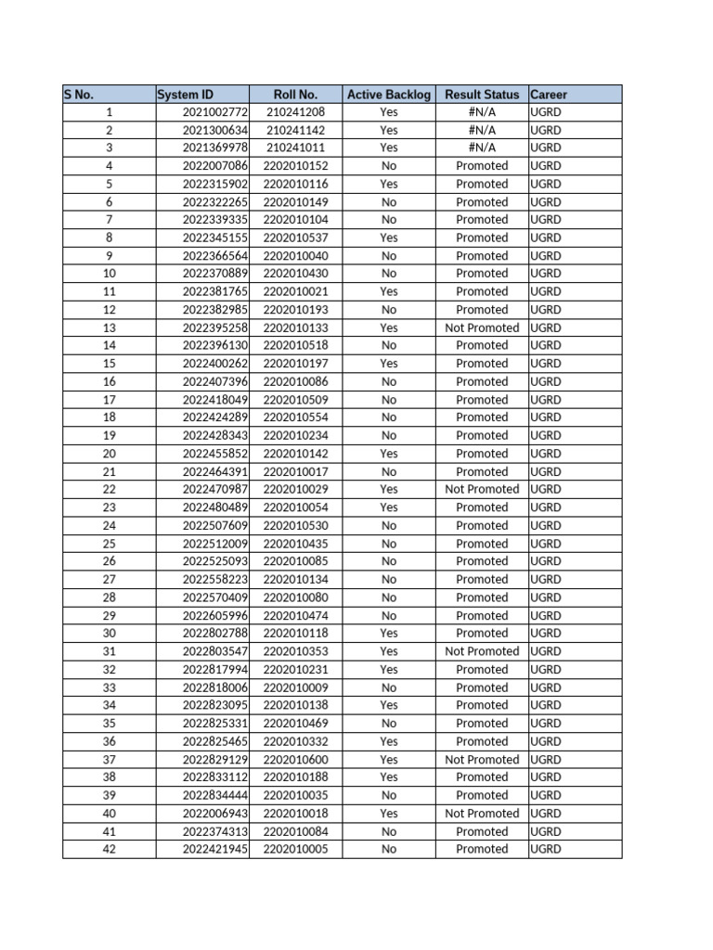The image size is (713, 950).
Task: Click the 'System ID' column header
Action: (x=186, y=94)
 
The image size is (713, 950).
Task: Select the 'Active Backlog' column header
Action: (x=389, y=94)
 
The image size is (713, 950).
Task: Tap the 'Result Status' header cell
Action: (x=482, y=94)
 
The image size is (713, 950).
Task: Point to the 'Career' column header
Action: (x=549, y=94)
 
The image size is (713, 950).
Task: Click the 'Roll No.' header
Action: (x=295, y=94)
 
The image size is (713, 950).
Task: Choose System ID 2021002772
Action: (x=215, y=112)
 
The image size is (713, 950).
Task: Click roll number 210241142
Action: (x=296, y=130)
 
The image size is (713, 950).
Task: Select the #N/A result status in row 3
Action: (x=482, y=148)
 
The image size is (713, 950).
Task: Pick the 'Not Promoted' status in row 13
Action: (x=482, y=327)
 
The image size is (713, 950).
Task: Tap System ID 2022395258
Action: (x=215, y=327)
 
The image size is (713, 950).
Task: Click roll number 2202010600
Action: (x=296, y=759)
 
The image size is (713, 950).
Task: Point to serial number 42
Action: (x=110, y=849)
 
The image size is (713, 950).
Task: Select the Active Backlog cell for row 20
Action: (x=389, y=454)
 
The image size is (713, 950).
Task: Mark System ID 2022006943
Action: (x=215, y=814)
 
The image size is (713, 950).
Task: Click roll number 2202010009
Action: (x=296, y=687)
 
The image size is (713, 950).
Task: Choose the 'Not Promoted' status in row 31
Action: (x=482, y=651)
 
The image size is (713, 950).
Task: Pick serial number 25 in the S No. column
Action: (x=110, y=544)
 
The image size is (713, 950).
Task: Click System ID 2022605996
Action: (x=215, y=615)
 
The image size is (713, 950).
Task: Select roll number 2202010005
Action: (x=296, y=849)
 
